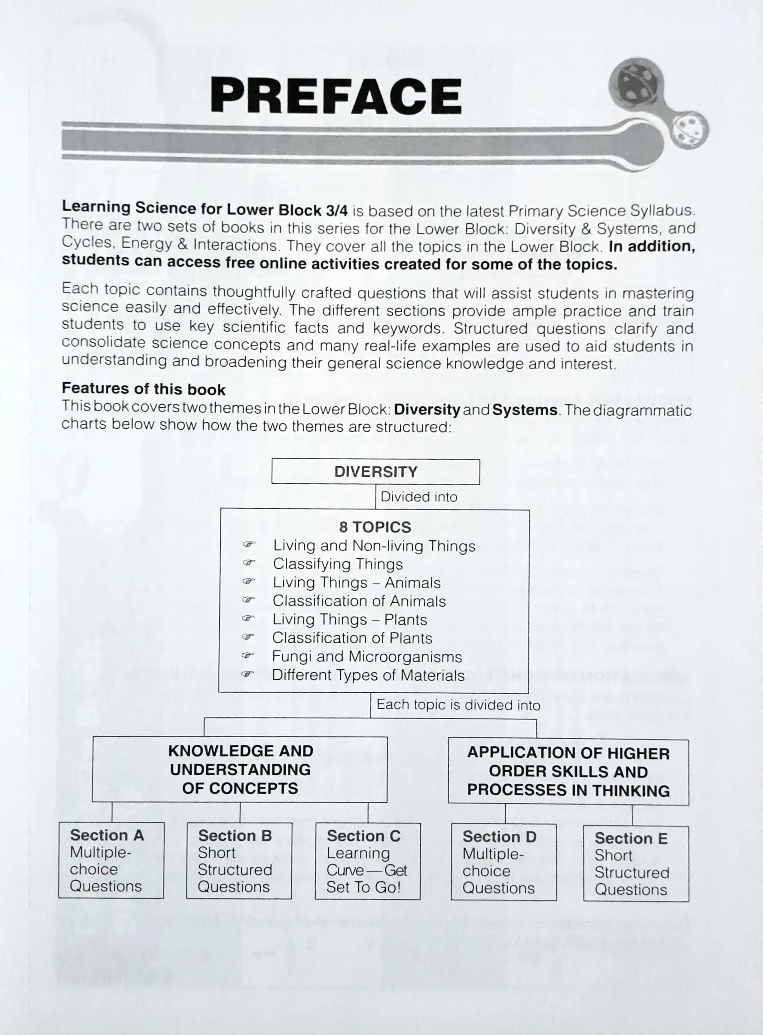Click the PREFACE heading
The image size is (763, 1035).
336,96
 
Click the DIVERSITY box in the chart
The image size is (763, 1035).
375,472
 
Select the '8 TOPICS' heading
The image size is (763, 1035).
375,527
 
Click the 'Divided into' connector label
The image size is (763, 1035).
418,497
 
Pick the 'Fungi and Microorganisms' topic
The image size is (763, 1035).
367,657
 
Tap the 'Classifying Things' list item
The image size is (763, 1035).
338,564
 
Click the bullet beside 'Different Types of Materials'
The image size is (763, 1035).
248,674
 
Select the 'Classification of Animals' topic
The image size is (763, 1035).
359,601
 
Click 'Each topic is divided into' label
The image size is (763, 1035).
458,704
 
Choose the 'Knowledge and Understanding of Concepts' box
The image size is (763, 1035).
240,769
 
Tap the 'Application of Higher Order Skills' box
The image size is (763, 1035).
568,771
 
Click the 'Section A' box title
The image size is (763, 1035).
107,835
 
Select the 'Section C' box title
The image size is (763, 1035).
363,836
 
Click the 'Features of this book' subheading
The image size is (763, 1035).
143,389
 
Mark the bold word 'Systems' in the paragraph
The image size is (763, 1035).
525,410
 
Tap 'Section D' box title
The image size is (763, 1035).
499,837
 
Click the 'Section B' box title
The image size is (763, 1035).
235,835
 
